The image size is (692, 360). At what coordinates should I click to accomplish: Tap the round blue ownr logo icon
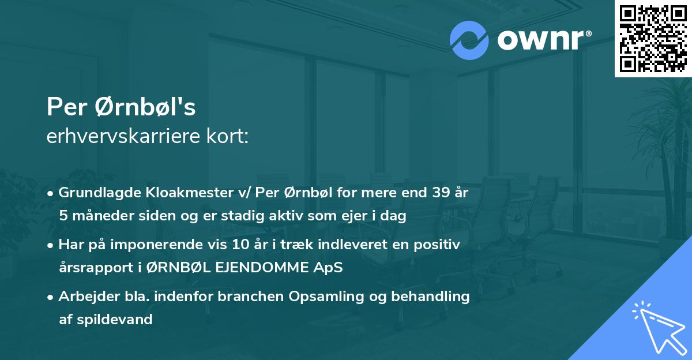point(469,40)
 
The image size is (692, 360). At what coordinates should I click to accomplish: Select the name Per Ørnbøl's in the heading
point(121,107)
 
